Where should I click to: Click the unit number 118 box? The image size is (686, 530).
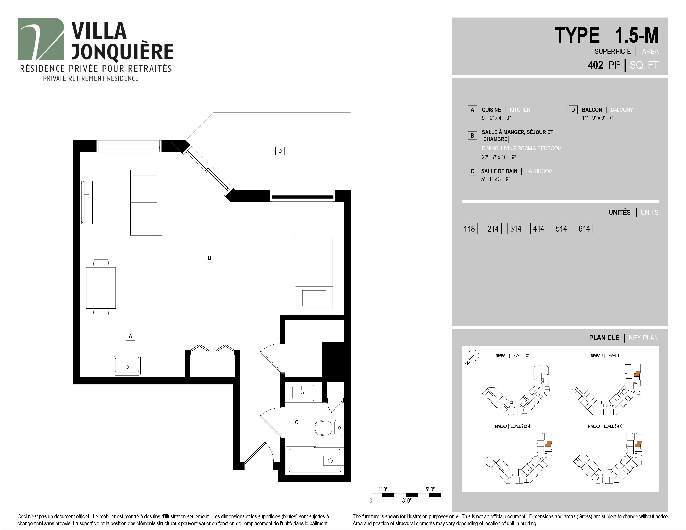pyautogui.click(x=469, y=229)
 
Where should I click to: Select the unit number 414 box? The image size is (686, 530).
pyautogui.click(x=538, y=229)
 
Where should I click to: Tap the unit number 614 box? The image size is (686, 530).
pyautogui.click(x=584, y=229)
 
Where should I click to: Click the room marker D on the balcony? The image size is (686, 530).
pyautogui.click(x=280, y=151)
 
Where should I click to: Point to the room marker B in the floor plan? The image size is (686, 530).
pyautogui.click(x=210, y=258)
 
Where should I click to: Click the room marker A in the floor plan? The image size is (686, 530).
pyautogui.click(x=130, y=336)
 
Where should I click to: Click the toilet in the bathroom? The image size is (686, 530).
pyautogui.click(x=328, y=428)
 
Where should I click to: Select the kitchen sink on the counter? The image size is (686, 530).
pyautogui.click(x=127, y=365)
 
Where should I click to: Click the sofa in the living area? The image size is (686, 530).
pyautogui.click(x=146, y=202)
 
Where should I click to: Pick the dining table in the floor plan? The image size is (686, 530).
pyautogui.click(x=101, y=288)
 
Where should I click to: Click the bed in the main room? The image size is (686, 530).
pyautogui.click(x=314, y=274)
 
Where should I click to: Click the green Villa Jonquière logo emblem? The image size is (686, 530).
pyautogui.click(x=41, y=39)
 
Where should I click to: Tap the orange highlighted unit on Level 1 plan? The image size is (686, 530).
pyautogui.click(x=637, y=374)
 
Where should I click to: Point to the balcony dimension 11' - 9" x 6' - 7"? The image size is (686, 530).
pyautogui.click(x=598, y=118)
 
